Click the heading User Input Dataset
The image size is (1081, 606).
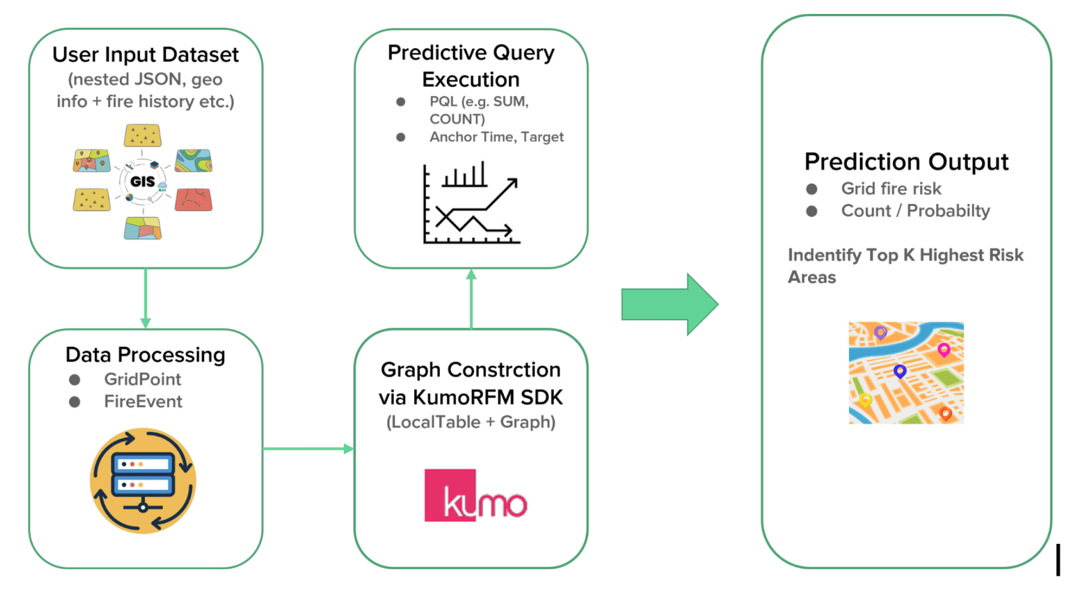pyautogui.click(x=145, y=55)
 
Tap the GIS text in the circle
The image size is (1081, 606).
pyautogui.click(x=143, y=181)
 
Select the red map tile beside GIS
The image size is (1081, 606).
pyautogui.click(x=194, y=199)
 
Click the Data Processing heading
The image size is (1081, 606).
pyautogui.click(x=145, y=355)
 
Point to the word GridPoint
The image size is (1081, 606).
pyautogui.click(x=143, y=379)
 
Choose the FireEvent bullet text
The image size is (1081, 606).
pyautogui.click(x=143, y=401)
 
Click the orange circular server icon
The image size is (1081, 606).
pyautogui.click(x=143, y=480)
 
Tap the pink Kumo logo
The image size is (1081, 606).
pyautogui.click(x=475, y=496)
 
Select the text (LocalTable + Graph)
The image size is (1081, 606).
pyautogui.click(x=471, y=422)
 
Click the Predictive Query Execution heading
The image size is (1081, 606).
pyautogui.click(x=471, y=66)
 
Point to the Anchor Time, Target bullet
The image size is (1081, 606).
pyautogui.click(x=496, y=137)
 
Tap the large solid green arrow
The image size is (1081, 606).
pyautogui.click(x=669, y=304)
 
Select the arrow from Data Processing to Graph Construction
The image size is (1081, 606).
pyautogui.click(x=308, y=448)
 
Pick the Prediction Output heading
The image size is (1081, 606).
pyautogui.click(x=906, y=162)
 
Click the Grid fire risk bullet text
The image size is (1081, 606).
pyautogui.click(x=891, y=188)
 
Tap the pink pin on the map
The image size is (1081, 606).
pyautogui.click(x=944, y=350)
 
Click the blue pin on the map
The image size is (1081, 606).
pyautogui.click(x=899, y=370)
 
